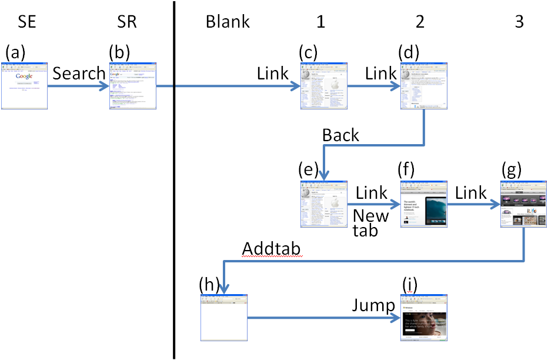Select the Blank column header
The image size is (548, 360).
(228, 22)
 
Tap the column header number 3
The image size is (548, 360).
(519, 22)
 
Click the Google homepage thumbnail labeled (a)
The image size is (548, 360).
(24, 85)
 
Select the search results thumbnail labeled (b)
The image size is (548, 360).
(133, 85)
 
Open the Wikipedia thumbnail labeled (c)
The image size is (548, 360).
(324, 85)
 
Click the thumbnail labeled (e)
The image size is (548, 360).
(324, 204)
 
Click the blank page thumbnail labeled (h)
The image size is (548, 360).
(224, 317)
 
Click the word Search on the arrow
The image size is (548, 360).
(79, 74)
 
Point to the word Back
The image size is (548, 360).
(340, 135)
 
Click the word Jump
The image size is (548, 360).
(373, 305)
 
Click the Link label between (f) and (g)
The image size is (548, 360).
(470, 192)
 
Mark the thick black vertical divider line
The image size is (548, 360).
(174, 176)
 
